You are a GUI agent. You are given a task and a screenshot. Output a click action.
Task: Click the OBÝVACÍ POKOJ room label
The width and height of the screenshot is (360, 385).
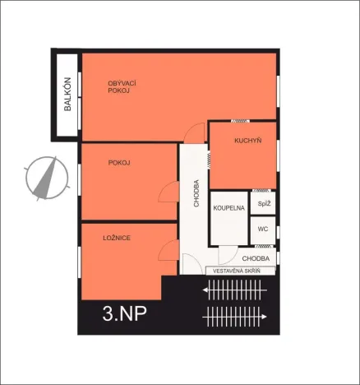tap(121, 86)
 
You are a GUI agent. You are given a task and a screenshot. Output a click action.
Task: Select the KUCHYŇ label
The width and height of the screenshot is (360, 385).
tap(247, 141)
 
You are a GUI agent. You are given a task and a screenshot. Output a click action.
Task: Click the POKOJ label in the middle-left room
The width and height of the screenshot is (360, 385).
tap(119, 163)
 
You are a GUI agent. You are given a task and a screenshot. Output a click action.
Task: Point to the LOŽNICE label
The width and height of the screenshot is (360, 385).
tap(118, 237)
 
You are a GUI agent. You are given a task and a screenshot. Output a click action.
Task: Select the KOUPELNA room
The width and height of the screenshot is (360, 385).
tap(229, 209)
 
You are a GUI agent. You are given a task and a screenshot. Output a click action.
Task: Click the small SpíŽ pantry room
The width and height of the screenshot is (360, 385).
tap(264, 202)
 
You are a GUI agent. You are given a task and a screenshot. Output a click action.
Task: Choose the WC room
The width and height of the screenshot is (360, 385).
tap(263, 230)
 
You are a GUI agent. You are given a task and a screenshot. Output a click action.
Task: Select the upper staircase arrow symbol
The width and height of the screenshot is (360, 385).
tap(235, 289)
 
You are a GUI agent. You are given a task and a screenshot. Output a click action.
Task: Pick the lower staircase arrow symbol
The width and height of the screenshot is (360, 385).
tap(235, 314)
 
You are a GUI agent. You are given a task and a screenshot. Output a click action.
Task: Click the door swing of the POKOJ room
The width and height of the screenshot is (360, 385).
tap(169, 193)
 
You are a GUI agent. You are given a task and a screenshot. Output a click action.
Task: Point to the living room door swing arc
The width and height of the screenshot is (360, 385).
tap(196, 132)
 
